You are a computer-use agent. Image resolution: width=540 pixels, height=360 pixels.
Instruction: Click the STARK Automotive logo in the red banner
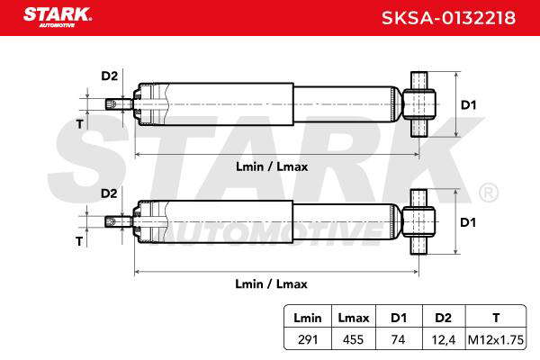[58, 18]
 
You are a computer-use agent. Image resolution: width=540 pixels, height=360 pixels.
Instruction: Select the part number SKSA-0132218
[448, 18]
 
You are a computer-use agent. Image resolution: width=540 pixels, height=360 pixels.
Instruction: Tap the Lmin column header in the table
[307, 318]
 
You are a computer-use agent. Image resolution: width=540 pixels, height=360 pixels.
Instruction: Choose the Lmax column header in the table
[354, 318]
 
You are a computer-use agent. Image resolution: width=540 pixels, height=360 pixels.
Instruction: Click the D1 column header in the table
[399, 318]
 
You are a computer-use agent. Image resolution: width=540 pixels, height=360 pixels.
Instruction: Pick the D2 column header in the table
[443, 318]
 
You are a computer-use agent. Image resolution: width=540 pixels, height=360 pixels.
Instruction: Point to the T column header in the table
[496, 318]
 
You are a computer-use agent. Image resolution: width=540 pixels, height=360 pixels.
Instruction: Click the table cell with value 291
[308, 340]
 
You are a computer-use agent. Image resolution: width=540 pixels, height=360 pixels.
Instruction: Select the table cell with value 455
[354, 340]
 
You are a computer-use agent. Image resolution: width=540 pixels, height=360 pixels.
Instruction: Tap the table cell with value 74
[398, 340]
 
